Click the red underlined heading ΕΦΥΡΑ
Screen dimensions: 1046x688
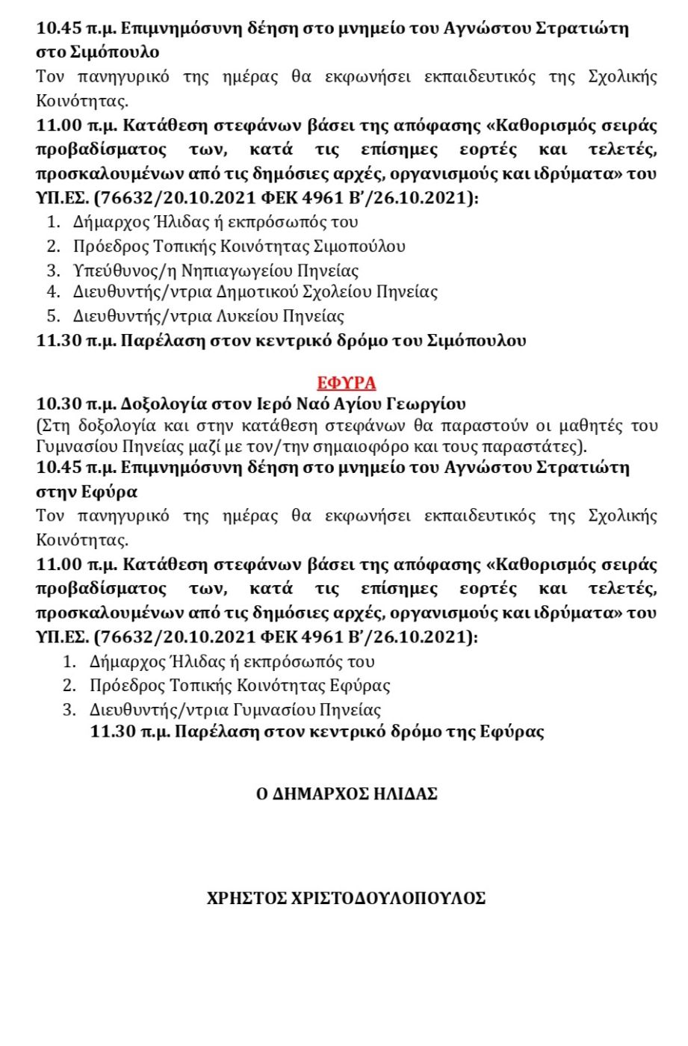(346, 383)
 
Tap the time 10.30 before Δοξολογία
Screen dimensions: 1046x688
(58, 404)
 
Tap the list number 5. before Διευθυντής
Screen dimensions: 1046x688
(53, 316)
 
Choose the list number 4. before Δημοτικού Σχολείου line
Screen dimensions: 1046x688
(53, 291)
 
